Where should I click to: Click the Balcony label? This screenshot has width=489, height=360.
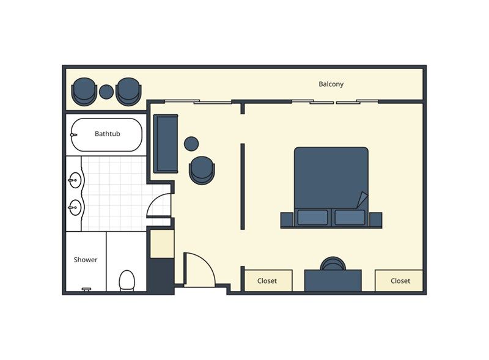click(x=331, y=84)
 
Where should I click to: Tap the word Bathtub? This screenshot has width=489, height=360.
click(x=108, y=134)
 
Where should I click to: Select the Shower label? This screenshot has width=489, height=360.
click(x=86, y=260)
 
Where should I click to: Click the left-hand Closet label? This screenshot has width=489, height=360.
click(x=267, y=281)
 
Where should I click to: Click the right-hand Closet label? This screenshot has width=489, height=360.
click(x=400, y=281)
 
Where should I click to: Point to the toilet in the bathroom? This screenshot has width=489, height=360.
click(x=127, y=281)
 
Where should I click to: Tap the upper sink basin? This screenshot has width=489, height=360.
click(x=75, y=180)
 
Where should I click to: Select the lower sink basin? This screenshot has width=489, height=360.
click(x=75, y=207)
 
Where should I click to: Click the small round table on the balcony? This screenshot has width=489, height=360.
click(x=106, y=92)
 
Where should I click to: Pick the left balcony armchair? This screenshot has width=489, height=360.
click(x=84, y=92)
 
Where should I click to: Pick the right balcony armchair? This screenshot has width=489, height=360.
click(x=128, y=92)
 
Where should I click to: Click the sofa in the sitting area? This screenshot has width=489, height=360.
click(x=166, y=144)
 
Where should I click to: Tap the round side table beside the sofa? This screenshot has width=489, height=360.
click(x=191, y=144)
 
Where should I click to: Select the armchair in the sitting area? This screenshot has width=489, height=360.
click(x=202, y=170)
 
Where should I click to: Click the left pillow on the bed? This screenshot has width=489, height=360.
click(x=312, y=218)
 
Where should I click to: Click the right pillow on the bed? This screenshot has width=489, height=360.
click(x=350, y=218)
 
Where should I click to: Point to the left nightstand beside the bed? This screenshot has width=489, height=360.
click(x=287, y=219)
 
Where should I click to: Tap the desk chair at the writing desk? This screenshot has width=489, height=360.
click(x=333, y=263)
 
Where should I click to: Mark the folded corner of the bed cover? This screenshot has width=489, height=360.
click(x=363, y=199)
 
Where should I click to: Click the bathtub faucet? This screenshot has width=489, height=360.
click(x=73, y=134)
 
